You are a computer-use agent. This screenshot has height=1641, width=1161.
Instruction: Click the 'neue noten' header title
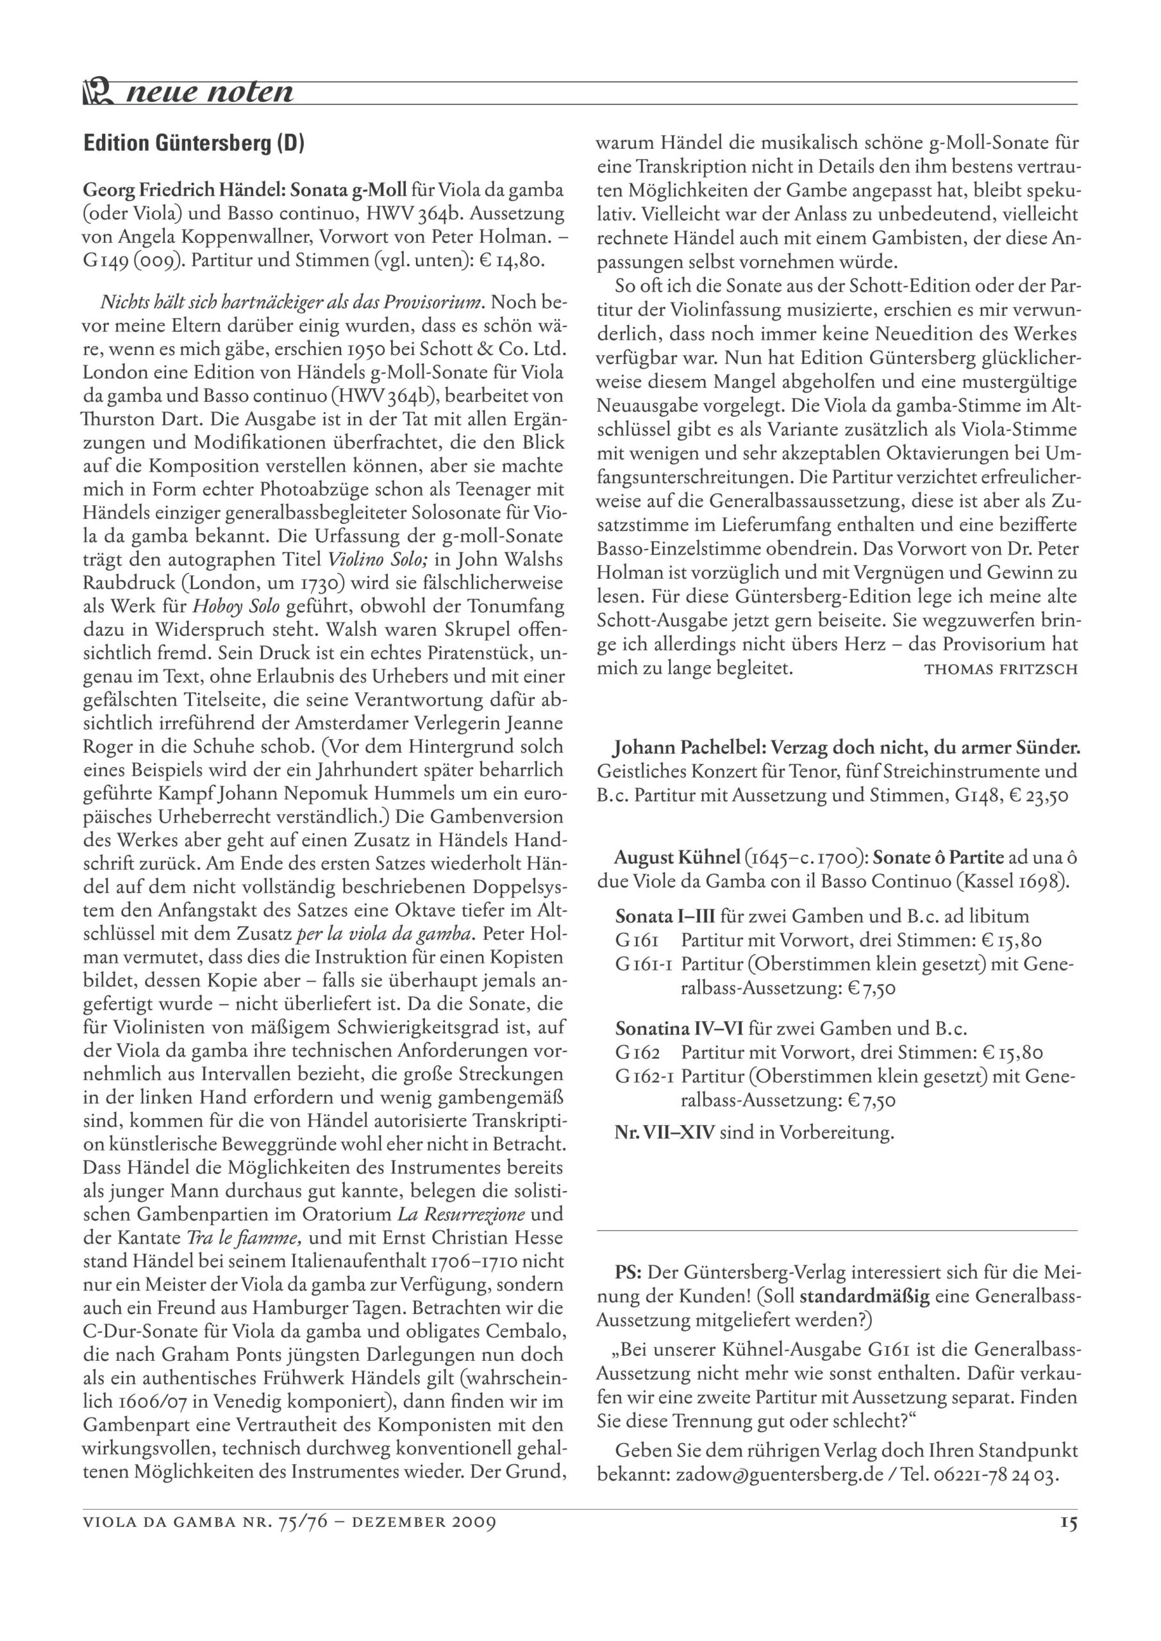click(x=209, y=93)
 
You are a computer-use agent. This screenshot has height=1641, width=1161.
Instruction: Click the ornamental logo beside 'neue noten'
click(x=99, y=93)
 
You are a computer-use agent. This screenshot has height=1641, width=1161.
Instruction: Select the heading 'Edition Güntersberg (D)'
click(x=194, y=144)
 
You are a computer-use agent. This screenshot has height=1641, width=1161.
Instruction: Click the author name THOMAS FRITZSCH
click(x=1000, y=670)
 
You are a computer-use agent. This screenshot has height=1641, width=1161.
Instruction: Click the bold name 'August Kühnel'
click(x=676, y=858)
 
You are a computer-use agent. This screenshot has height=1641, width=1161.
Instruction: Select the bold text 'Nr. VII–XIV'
click(x=664, y=1133)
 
